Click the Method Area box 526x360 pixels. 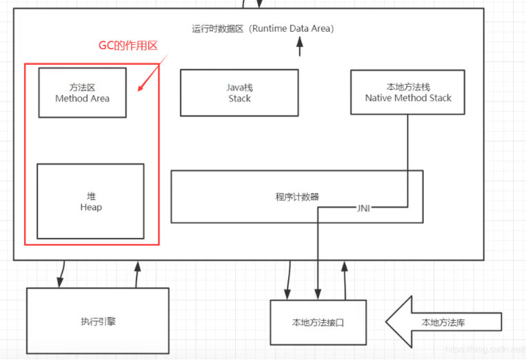[82, 92]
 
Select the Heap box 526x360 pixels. [90, 201]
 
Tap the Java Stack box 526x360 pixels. [239, 92]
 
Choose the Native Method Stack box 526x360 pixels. [408, 92]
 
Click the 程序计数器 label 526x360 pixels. [297, 197]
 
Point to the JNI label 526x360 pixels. [364, 208]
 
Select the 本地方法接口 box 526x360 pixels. [318, 322]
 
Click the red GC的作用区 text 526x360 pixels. [129, 46]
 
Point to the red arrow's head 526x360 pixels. [140, 90]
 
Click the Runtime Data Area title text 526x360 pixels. [263, 29]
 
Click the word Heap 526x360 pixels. [90, 207]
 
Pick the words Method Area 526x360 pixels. [82, 99]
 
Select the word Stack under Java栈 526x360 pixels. [239, 99]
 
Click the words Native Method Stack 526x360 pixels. [408, 98]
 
